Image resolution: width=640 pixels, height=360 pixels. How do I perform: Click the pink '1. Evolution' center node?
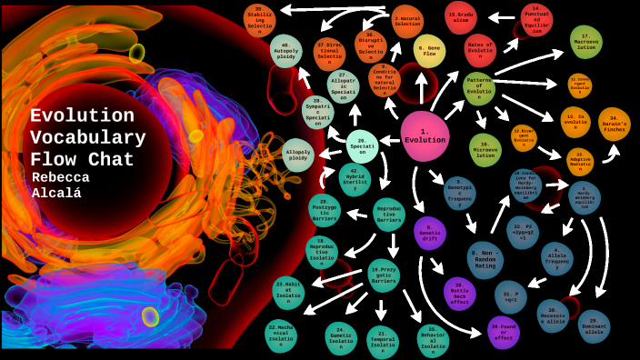425,136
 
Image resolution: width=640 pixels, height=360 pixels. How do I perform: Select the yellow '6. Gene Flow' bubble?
429,50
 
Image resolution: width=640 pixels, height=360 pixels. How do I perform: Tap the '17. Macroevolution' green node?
585,42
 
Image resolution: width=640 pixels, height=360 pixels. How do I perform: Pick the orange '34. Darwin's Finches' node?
614,123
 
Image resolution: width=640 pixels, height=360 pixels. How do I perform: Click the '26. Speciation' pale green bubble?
362,145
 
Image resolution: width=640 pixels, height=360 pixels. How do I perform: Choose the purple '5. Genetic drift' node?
430,233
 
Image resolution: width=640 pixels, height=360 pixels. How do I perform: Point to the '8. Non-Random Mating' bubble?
485,259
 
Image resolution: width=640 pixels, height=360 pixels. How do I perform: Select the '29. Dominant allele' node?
594,325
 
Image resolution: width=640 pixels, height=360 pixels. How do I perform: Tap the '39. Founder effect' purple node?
503,332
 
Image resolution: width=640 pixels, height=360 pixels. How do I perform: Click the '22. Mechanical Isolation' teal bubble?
282,334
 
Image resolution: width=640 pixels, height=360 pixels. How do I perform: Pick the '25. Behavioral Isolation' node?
433,341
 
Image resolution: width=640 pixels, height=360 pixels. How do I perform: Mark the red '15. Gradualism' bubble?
462,16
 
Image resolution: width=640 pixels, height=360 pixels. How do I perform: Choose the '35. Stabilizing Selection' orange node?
259,20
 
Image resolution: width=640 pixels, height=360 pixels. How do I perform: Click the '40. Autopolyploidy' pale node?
285,51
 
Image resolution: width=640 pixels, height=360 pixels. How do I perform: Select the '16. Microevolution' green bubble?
485,149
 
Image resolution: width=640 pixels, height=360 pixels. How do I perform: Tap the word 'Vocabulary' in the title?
87,137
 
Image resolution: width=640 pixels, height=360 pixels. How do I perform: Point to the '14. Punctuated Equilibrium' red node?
536,17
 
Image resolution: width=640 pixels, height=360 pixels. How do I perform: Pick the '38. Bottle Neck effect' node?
459,293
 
